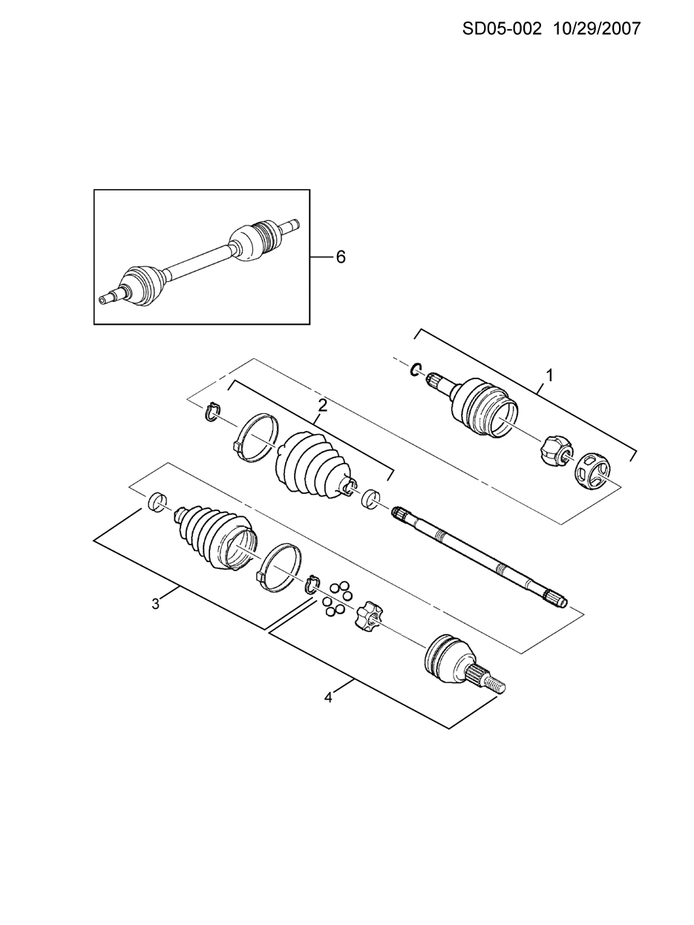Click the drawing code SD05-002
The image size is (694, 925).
tap(502, 29)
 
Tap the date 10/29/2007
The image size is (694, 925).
tap(596, 29)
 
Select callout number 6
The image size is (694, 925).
tap(341, 257)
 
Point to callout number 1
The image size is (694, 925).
tap(549, 375)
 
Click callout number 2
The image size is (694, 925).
tap(322, 406)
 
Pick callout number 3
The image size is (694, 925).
tap(156, 604)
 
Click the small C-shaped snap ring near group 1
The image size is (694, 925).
tap(416, 369)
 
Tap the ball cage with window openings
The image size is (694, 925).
tap(592, 472)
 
